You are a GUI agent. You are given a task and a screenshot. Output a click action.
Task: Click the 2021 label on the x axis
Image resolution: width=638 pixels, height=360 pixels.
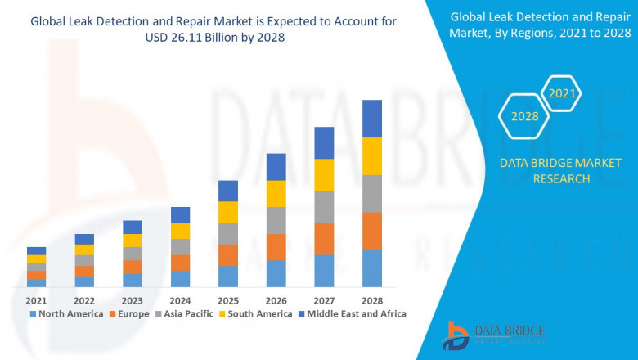pos(36,300)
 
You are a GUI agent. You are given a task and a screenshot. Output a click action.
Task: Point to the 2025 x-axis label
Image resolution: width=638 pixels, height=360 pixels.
pos(228,300)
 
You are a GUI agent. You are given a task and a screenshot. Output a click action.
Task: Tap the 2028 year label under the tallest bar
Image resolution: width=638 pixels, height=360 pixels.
pos(372,300)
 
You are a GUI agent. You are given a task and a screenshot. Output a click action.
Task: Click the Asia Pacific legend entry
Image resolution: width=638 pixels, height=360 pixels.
pos(186,314)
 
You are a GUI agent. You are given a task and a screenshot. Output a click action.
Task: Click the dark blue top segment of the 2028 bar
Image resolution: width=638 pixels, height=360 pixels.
pos(372,119)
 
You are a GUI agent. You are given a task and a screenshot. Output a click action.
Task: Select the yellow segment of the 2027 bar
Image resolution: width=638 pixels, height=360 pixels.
pos(324,175)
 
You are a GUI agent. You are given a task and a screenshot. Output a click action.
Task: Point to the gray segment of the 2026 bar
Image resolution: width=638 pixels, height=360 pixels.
pos(276,220)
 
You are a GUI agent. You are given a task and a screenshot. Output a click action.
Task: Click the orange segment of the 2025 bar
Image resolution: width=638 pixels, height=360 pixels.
pos(228,254)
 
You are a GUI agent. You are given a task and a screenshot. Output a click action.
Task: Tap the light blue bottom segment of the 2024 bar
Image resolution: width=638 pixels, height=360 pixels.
pos(180,279)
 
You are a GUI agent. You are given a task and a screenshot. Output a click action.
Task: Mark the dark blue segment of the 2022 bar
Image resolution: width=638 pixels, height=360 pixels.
pos(84,239)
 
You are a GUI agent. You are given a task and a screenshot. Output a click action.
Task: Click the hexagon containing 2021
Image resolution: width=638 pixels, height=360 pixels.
pos(563,94)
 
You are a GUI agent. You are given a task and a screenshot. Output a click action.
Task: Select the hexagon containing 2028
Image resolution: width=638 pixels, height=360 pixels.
pos(524,117)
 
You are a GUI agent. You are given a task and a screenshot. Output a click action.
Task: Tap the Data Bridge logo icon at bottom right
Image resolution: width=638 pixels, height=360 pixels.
pos(456,335)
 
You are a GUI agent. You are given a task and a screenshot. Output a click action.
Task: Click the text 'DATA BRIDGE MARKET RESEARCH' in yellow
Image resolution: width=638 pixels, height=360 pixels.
pos(544,171)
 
